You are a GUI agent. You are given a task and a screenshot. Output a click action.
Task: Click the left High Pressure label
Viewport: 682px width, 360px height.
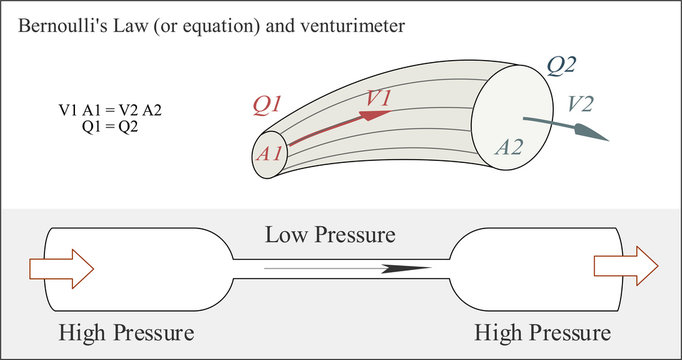pyautogui.click(x=126, y=332)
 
